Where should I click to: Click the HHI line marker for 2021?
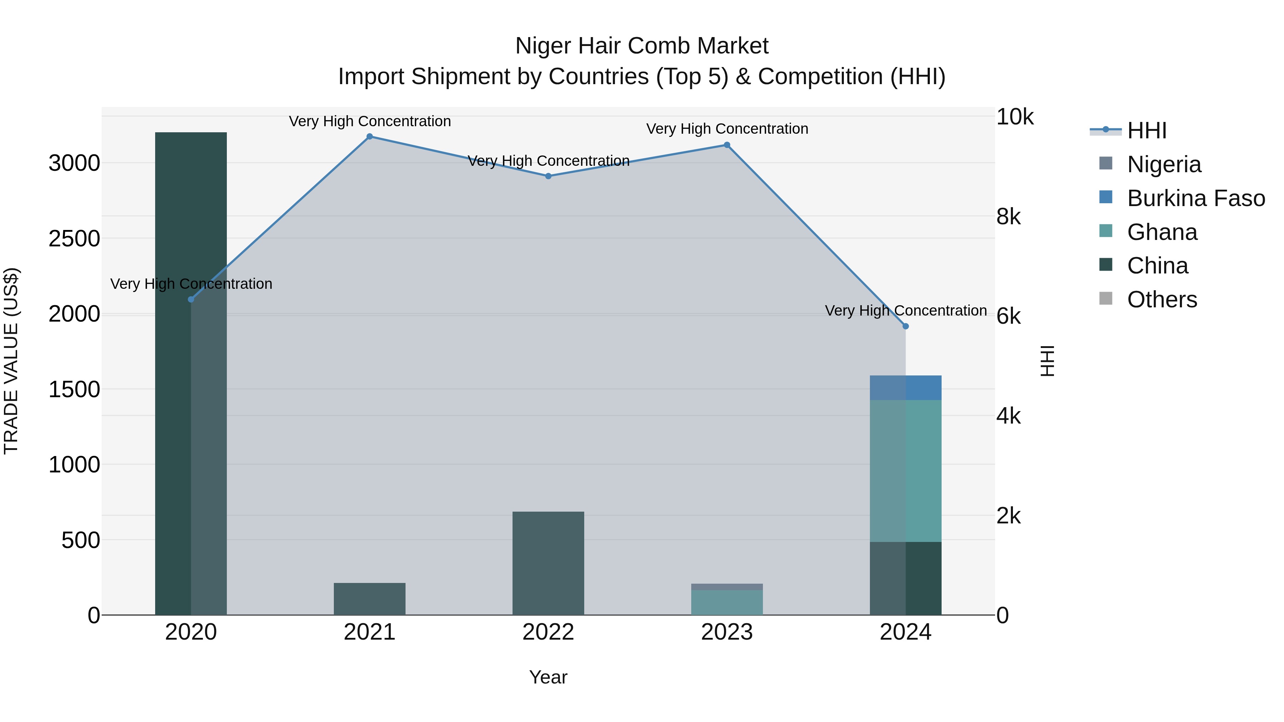pos(370,137)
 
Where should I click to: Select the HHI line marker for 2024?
pos(906,326)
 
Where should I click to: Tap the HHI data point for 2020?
pos(191,299)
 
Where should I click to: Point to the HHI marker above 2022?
pos(548,176)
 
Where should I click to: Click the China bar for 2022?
pos(548,563)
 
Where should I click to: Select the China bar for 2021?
pos(370,599)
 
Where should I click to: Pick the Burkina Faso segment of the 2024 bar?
pos(906,388)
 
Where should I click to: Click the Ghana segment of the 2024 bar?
pos(906,471)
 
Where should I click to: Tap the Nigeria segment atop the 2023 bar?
pos(727,587)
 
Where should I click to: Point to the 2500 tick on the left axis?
pos(74,239)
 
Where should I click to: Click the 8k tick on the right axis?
pos(1008,217)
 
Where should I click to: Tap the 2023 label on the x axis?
pos(727,632)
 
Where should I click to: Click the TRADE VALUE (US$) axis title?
pos(11,361)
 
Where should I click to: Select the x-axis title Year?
pos(548,677)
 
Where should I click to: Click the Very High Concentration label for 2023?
pos(727,129)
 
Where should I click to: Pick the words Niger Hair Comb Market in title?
pos(642,46)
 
